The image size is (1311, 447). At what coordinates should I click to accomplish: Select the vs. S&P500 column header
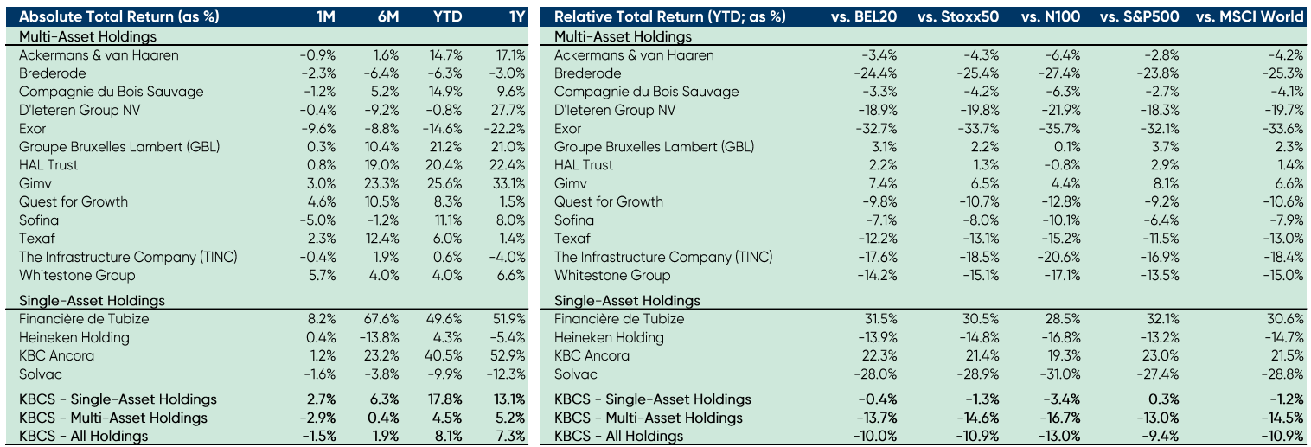1146,17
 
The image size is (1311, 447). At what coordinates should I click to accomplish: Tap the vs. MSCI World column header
1249,17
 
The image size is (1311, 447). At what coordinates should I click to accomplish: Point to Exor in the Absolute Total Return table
32,128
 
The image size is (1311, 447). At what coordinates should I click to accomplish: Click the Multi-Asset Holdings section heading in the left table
88,36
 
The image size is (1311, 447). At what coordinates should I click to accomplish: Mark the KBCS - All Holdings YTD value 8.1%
447,436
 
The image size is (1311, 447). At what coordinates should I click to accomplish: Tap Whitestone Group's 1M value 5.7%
321,275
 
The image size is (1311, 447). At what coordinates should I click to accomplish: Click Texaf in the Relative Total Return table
572,238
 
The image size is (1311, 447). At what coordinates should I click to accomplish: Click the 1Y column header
515,17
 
